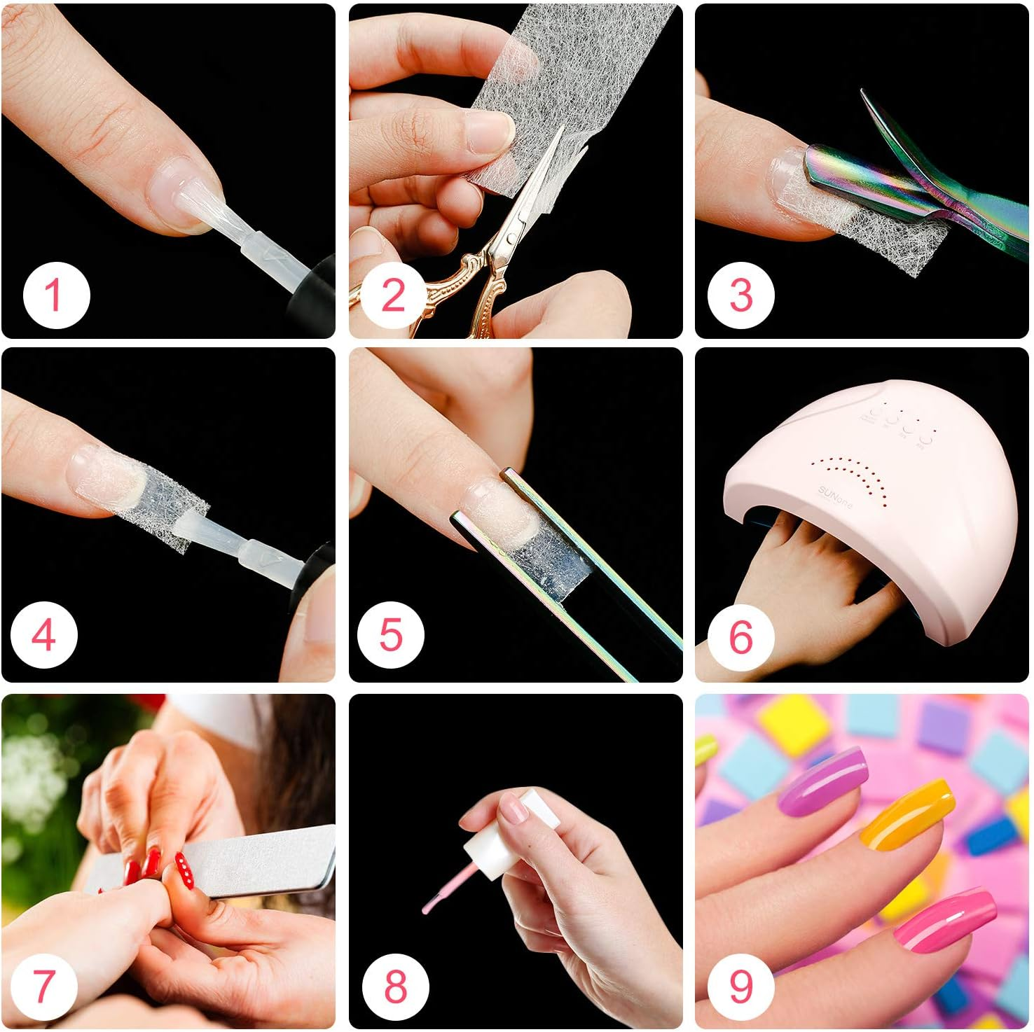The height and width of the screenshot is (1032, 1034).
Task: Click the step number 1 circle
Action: [x=56, y=295]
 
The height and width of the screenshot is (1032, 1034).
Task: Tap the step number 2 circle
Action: [x=393, y=295]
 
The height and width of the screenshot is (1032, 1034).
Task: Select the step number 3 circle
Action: [x=740, y=295]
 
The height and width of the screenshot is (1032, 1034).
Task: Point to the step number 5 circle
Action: [x=390, y=635]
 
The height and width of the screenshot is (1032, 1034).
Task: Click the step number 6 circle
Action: [x=740, y=636]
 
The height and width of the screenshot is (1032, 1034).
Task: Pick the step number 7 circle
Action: [x=43, y=985]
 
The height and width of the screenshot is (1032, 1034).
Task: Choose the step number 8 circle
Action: [x=395, y=985]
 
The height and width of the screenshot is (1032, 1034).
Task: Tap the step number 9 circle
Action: [x=740, y=985]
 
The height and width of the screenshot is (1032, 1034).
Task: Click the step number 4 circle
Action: [x=43, y=635]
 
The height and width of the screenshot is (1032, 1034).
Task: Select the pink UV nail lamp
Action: [x=876, y=504]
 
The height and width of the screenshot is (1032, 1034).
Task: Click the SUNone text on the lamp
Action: [x=834, y=497]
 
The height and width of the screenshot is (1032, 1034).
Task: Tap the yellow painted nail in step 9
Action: [x=907, y=816]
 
